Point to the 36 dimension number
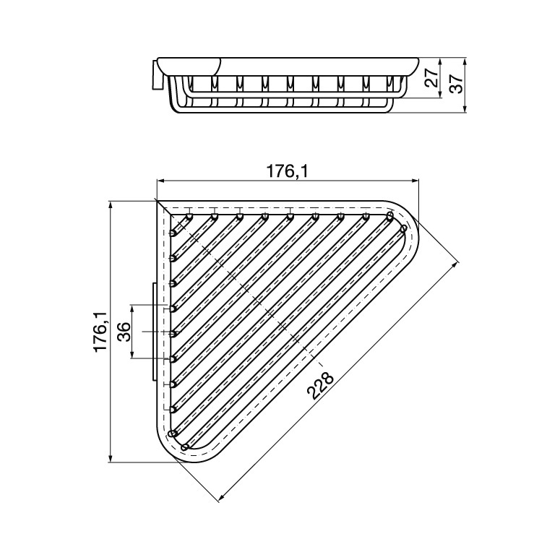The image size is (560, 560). (x=124, y=332)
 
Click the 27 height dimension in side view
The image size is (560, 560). (x=431, y=76)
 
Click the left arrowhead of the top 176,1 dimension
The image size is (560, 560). (x=161, y=181)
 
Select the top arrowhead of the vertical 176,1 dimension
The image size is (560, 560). (x=111, y=205)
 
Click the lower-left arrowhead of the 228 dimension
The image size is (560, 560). (x=221, y=496)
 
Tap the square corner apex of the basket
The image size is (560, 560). (x=159, y=203)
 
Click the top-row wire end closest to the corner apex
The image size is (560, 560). (x=189, y=216)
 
